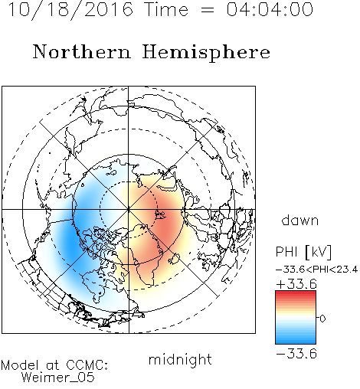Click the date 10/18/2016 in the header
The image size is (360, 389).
[x=70, y=10]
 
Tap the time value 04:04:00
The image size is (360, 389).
[x=270, y=9]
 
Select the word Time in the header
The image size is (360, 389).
[x=166, y=9]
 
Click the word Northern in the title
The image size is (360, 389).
[x=81, y=51]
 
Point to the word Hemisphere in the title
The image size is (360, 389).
[x=206, y=53]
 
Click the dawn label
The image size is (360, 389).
[x=300, y=220]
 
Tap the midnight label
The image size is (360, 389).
[x=180, y=359]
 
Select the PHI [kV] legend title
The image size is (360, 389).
[x=303, y=252]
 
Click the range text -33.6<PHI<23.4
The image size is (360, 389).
[x=316, y=270]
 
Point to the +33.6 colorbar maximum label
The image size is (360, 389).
[x=296, y=284]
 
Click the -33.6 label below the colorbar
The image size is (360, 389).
[x=296, y=354]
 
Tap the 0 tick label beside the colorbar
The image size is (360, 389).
[x=322, y=319]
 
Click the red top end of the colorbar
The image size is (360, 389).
[x=296, y=293]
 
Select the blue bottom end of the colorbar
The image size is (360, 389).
[x=296, y=342]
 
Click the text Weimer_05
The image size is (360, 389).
[x=58, y=378]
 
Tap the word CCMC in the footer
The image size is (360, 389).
[x=87, y=365]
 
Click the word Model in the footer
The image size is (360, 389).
[x=20, y=365]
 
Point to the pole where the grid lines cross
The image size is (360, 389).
[x=129, y=209]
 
